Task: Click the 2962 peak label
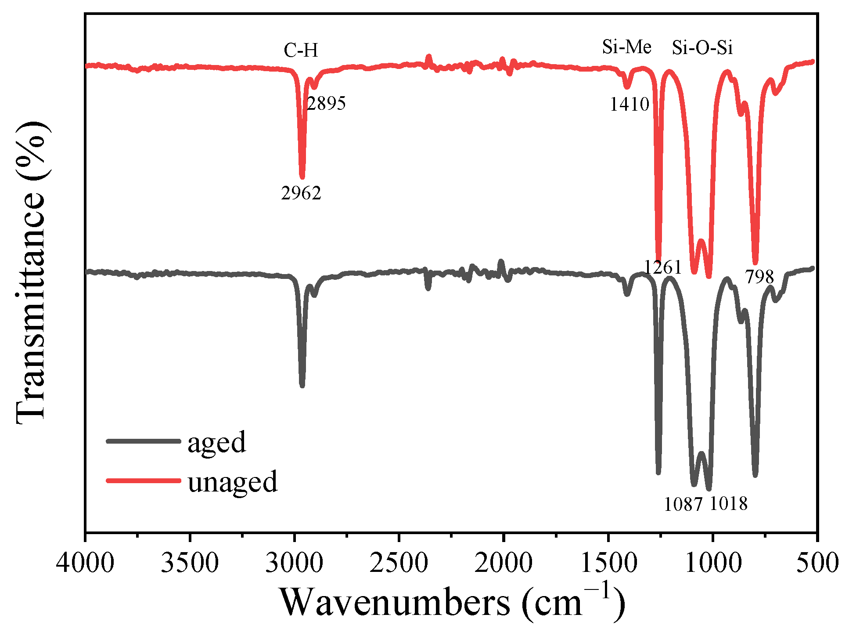click(301, 193)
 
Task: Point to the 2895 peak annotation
click(327, 103)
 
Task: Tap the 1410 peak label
click(629, 104)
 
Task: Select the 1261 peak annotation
click(663, 267)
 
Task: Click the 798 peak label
click(759, 277)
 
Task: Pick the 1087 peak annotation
click(684, 504)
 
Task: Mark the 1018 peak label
click(728, 503)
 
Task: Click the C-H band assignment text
click(301, 51)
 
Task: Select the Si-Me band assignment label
click(626, 47)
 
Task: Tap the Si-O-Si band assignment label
click(702, 47)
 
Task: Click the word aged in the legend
click(217, 442)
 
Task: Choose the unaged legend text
click(233, 481)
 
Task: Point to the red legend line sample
click(143, 481)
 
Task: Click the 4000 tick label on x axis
click(85, 563)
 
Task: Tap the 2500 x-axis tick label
click(399, 563)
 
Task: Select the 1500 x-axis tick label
click(608, 563)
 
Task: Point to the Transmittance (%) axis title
click(31, 272)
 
